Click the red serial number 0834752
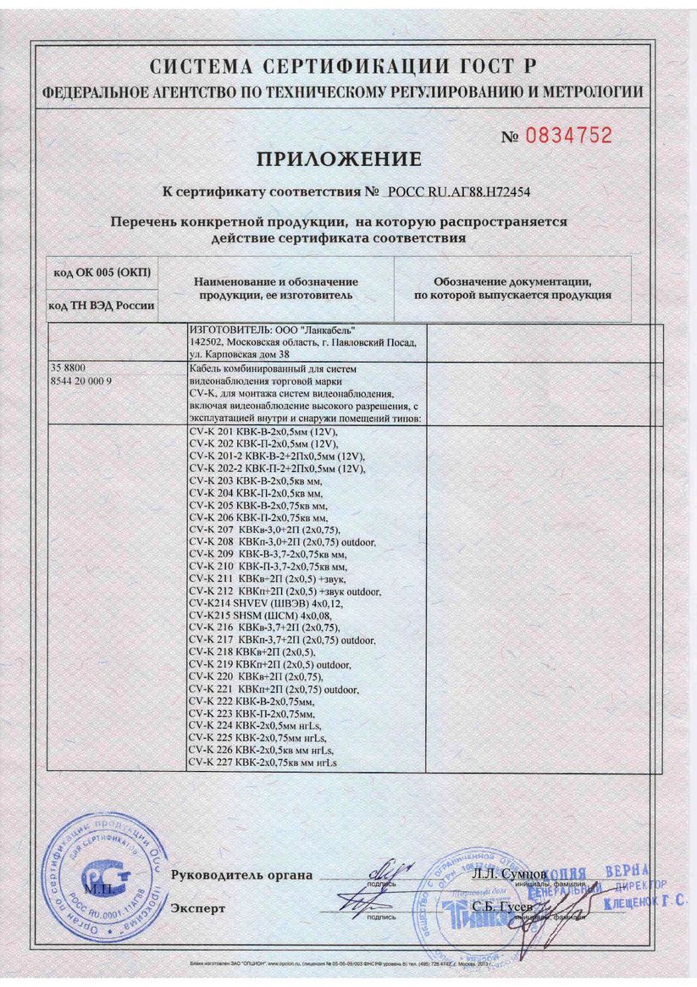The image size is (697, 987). point(568,136)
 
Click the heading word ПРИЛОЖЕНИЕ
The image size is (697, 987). point(339,158)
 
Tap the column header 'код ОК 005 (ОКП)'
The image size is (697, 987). point(101,271)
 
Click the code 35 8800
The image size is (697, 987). point(69,369)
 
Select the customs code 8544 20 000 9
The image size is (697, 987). point(82,381)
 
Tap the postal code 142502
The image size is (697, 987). point(207,343)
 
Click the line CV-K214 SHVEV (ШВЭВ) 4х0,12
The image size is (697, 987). point(262,599)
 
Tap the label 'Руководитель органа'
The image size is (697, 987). point(241,875)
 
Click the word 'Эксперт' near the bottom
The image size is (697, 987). point(198,908)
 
